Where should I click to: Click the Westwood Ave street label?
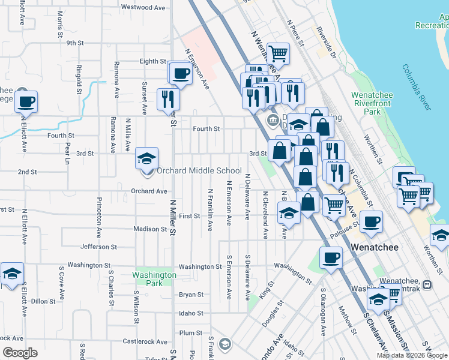(143, 7)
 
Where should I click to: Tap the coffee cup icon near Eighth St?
(180, 74)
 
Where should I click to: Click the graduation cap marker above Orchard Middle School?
(147, 159)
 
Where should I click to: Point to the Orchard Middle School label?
(199, 171)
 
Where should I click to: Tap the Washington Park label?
(154, 279)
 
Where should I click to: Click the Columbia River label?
(417, 88)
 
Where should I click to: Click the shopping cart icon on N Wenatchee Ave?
(278, 53)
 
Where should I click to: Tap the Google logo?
(19, 353)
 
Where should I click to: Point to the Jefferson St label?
(98, 247)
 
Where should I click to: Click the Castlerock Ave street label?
(144, 342)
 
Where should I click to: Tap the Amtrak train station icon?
(427, 284)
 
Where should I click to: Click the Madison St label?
(150, 229)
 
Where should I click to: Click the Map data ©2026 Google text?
(412, 355)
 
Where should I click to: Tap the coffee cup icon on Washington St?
(330, 258)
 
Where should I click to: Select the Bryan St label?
(191, 295)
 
